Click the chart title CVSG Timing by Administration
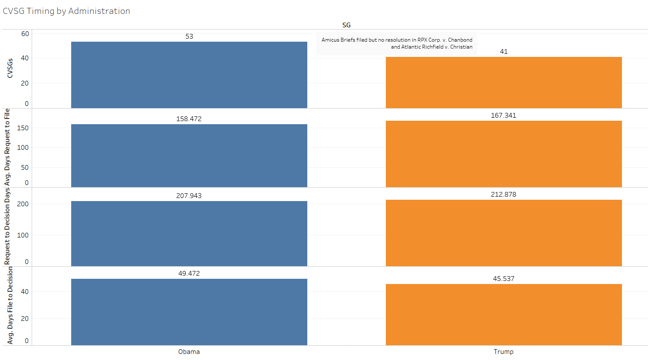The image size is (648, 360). click(x=66, y=11)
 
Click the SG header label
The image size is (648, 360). click(x=346, y=25)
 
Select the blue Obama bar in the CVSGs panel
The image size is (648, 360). click(x=189, y=75)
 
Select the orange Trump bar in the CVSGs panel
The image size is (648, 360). click(x=503, y=83)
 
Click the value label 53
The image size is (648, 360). click(x=189, y=36)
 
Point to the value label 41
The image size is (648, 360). click(x=503, y=52)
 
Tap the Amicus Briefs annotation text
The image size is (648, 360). click(x=397, y=43)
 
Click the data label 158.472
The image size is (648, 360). click(x=189, y=119)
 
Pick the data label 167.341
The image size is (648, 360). click(x=503, y=116)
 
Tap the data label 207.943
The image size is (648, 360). click(x=189, y=196)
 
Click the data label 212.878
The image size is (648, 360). click(x=503, y=195)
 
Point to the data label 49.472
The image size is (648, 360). click(x=189, y=274)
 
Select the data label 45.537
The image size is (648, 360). click(x=503, y=279)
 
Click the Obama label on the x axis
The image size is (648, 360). click(x=189, y=352)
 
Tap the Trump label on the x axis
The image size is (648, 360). click(x=503, y=352)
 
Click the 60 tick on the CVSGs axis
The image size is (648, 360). click(x=25, y=34)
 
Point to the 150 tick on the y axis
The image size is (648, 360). click(x=23, y=128)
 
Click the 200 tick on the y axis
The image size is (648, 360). click(x=23, y=204)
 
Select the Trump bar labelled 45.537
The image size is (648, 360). click(x=503, y=314)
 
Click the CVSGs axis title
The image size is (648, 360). click(x=10, y=68)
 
